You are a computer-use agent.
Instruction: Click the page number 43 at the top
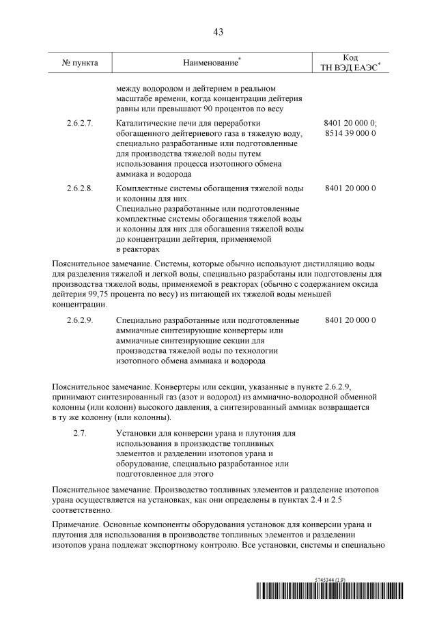[x=218, y=31]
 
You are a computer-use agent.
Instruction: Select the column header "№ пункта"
[x=80, y=63]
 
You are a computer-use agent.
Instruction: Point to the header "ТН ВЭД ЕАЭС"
[x=349, y=68]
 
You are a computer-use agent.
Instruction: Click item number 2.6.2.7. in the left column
[x=80, y=124]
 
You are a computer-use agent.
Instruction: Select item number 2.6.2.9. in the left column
[x=80, y=320]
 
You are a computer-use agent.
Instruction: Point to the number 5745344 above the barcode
[x=325, y=579]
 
